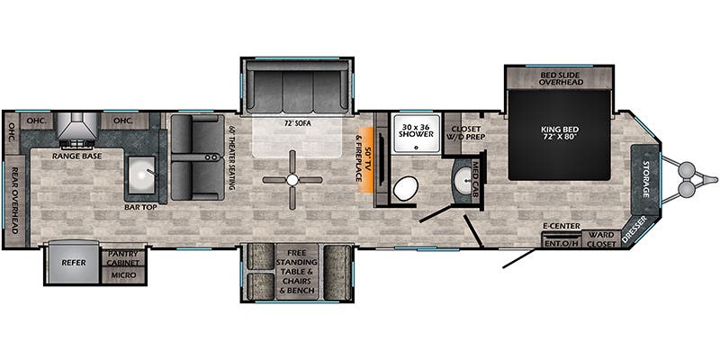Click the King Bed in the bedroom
click(x=559, y=134)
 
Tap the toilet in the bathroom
click(x=406, y=189)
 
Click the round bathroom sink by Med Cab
click(x=464, y=177)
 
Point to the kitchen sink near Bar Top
click(x=141, y=175)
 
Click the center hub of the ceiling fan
click(x=292, y=180)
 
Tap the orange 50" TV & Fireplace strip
click(x=366, y=159)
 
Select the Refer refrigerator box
click(x=74, y=263)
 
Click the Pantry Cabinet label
click(x=123, y=258)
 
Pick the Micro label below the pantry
click(x=123, y=275)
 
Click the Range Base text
click(x=76, y=156)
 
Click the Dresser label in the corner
click(x=634, y=229)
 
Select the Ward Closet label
click(x=601, y=239)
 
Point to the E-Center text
click(x=561, y=226)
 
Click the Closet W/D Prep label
click(x=465, y=132)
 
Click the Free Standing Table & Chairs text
click(x=297, y=266)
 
